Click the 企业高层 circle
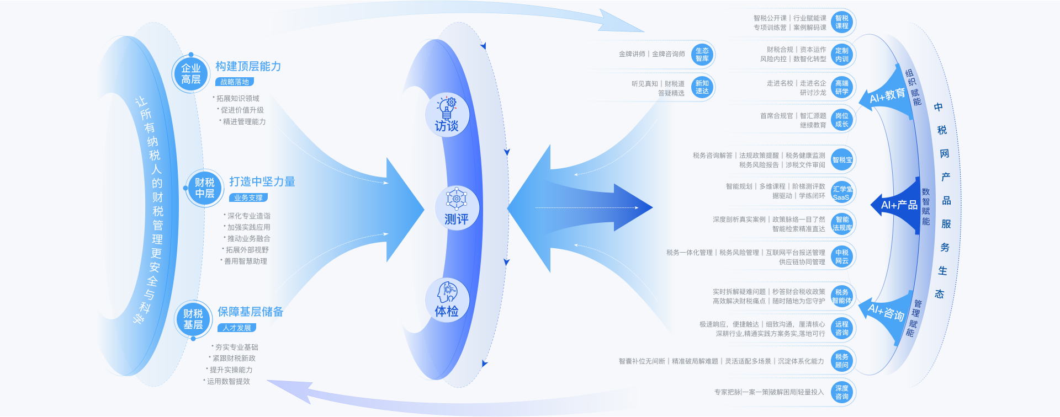pyautogui.click(x=191, y=74)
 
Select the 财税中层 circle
pyautogui.click(x=205, y=188)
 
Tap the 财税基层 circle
pyautogui.click(x=193, y=319)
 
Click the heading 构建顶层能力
pyautogui.click(x=248, y=66)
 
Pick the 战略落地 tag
pyautogui.click(x=235, y=82)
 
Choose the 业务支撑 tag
pyautogui.click(x=248, y=197)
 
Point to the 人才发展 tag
pyautogui.click(x=237, y=328)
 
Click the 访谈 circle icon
pyautogui.click(x=447, y=115)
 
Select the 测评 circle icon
pyautogui.click(x=457, y=208)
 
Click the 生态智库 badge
pyautogui.click(x=702, y=55)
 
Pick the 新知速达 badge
pyautogui.click(x=702, y=87)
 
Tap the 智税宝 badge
pyautogui.click(x=842, y=160)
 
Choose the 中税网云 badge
pyautogui.click(x=842, y=256)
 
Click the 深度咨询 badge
pyautogui.click(x=842, y=392)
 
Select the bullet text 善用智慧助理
pyautogui.click(x=246, y=261)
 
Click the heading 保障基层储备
pyautogui.click(x=251, y=312)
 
